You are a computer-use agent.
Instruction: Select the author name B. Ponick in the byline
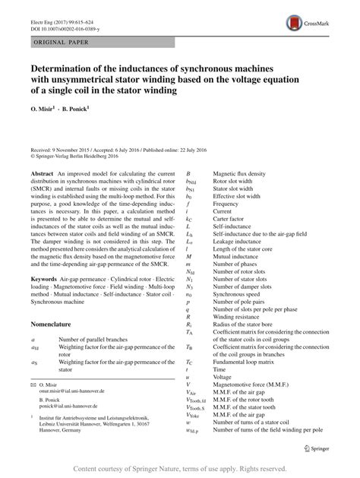[x=74, y=108]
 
